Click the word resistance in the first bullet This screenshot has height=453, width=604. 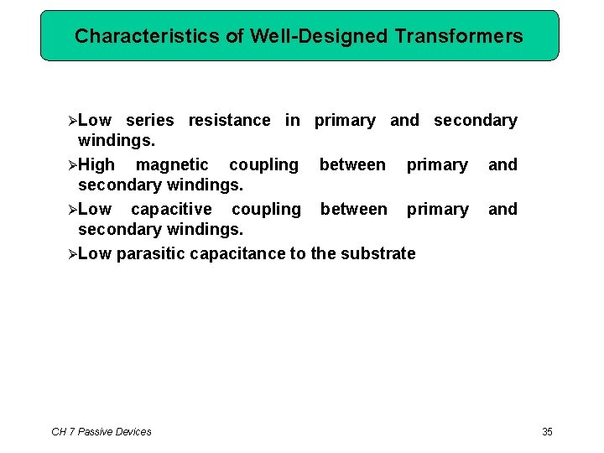coord(229,121)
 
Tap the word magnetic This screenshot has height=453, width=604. coord(172,165)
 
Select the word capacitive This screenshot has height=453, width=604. coord(171,209)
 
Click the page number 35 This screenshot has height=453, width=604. coord(547,432)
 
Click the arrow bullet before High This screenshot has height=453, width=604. coord(71,165)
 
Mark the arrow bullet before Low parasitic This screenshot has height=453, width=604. coord(71,253)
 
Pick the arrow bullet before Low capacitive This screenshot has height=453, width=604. coord(71,209)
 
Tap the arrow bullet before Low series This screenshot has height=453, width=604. coord(71,121)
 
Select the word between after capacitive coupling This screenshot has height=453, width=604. coord(353,209)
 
